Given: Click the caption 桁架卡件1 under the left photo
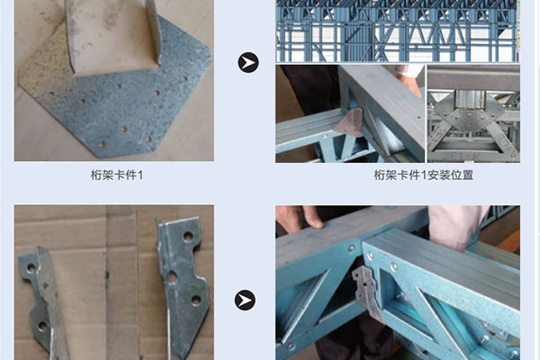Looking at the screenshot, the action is (117, 175).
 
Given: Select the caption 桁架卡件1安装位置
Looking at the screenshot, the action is (424, 175).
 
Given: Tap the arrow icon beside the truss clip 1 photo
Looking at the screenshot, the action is (248, 62).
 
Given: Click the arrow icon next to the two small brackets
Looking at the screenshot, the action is (245, 300).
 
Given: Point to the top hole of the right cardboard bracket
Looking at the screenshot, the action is (188, 237).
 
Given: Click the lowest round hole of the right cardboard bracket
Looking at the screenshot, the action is (196, 300).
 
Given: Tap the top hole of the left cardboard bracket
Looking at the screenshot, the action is (31, 268).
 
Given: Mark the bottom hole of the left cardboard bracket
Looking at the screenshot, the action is (43, 326).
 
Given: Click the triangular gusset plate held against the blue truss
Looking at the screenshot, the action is (349, 122).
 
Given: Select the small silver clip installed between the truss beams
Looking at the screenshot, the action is (367, 292).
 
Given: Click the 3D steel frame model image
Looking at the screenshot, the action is (398, 31).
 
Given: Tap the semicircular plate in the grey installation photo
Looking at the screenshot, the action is (474, 113).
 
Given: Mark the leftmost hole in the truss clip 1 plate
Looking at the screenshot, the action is (51, 94).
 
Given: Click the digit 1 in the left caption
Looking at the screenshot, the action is (140, 175).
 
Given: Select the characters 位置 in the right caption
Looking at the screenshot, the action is (463, 175).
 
